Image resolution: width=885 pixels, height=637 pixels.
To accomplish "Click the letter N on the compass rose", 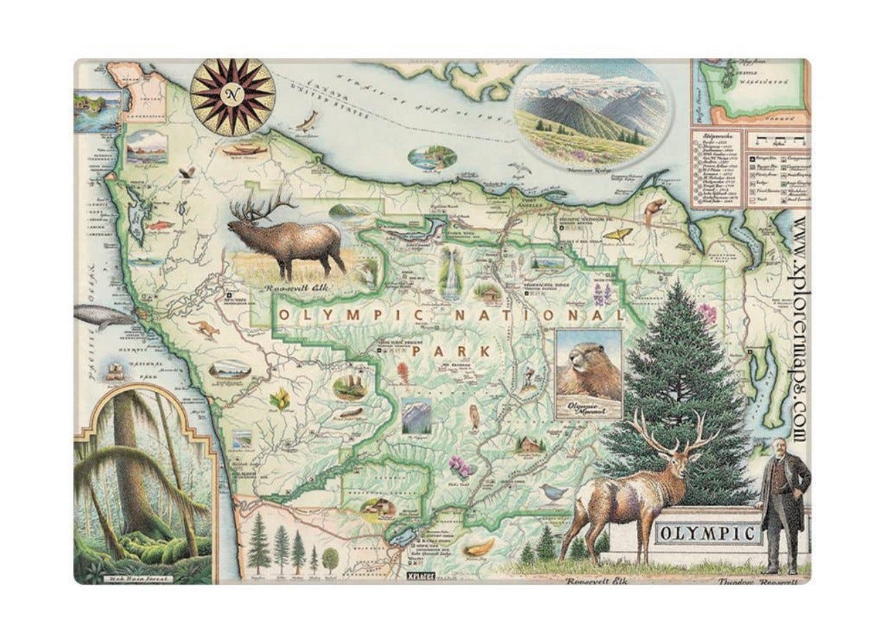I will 232,94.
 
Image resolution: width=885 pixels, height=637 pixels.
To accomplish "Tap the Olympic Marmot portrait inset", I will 589,373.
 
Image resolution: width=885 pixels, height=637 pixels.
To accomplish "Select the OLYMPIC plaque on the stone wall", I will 707,533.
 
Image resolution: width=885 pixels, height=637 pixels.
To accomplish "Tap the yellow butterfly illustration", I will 616,234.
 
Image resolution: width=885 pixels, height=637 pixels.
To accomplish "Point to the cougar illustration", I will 204,328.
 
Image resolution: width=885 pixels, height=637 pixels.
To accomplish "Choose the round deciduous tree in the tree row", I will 331,556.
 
